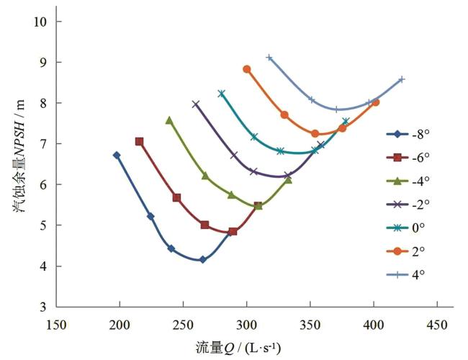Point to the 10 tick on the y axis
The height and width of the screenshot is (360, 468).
click(x=40, y=22)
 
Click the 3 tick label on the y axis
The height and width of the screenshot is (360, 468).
click(x=43, y=307)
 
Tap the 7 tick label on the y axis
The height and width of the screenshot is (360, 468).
click(x=43, y=144)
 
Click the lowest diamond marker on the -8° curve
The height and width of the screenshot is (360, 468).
click(x=202, y=259)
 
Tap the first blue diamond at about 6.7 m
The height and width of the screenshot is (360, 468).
click(x=117, y=155)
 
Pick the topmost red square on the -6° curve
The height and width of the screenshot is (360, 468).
click(x=139, y=142)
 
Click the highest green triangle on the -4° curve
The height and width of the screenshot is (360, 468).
click(x=169, y=120)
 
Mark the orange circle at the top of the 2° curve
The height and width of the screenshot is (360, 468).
click(x=246, y=69)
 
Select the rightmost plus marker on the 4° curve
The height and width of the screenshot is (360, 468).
click(x=402, y=79)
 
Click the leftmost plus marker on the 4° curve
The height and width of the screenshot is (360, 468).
click(x=269, y=58)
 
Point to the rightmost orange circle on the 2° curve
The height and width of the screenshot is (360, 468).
click(x=375, y=102)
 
